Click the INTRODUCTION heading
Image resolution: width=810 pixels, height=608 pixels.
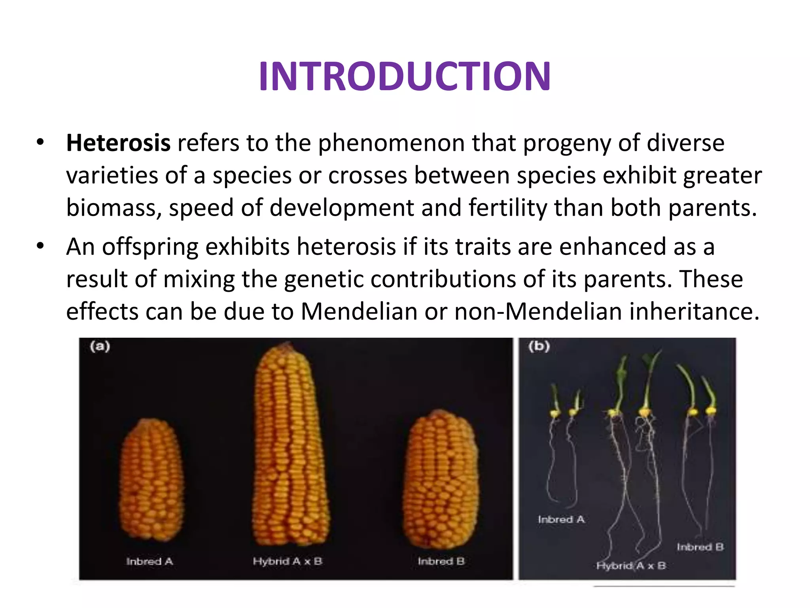(x=405, y=76)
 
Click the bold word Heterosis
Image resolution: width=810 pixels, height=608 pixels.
(x=118, y=143)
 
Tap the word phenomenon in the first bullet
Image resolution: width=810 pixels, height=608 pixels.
(x=391, y=143)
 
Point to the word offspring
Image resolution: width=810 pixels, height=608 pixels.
(x=150, y=247)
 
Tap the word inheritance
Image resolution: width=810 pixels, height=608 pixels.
(x=694, y=312)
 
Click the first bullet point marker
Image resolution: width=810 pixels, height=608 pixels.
(x=40, y=142)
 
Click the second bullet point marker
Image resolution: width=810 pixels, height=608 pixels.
(x=40, y=246)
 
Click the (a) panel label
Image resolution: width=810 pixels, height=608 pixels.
(x=100, y=346)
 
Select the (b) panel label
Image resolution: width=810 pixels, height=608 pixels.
(x=539, y=346)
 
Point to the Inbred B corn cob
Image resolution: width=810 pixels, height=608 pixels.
(x=440, y=479)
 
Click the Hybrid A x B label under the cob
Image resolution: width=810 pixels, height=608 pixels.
(x=288, y=561)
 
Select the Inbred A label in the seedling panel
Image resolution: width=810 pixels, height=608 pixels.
(x=561, y=519)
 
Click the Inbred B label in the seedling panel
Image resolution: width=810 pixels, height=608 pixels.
(x=700, y=547)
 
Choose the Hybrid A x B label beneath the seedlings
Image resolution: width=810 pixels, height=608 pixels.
(x=631, y=566)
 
